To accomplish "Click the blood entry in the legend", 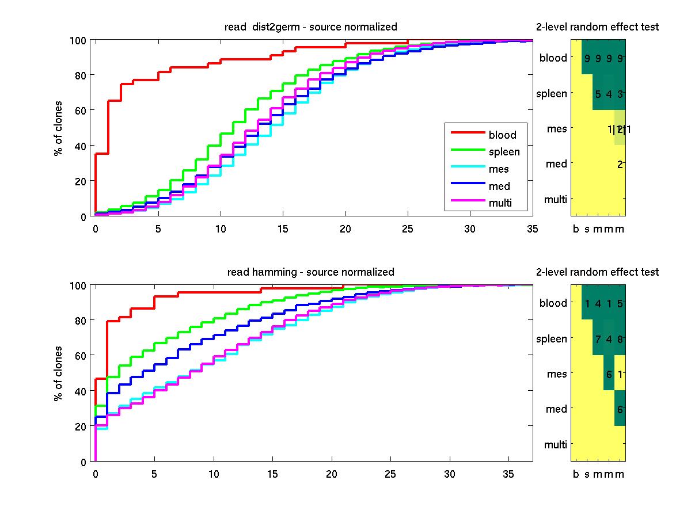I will [x=502, y=135].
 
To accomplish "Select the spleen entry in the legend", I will [x=504, y=152].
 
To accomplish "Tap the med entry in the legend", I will [x=499, y=185].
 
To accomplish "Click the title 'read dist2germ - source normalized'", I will [x=310, y=27].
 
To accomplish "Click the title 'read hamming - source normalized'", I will [x=310, y=272].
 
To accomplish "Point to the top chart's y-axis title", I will [x=58, y=128].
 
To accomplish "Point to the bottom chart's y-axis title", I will [x=58, y=373].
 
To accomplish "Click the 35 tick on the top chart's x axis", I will [x=532, y=228].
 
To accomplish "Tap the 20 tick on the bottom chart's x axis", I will [x=332, y=474].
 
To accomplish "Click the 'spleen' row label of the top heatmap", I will [x=552, y=94].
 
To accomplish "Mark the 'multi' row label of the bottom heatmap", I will [x=555, y=444].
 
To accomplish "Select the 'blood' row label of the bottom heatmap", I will [x=553, y=303].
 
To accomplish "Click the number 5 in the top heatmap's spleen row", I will [x=598, y=94].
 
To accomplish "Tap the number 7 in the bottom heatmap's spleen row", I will [x=598, y=338].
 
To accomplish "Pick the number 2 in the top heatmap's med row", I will [x=620, y=165].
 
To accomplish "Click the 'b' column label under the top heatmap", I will [x=576, y=230].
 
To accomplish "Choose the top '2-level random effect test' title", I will [x=597, y=27].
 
